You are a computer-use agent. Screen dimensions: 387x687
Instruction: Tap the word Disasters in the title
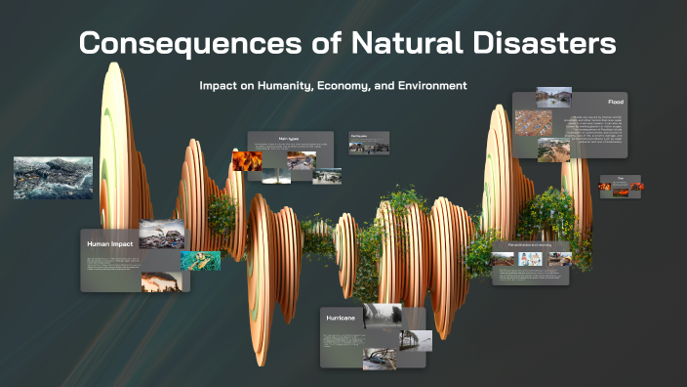click(547, 44)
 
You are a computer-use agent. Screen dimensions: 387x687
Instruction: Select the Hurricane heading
click(339, 318)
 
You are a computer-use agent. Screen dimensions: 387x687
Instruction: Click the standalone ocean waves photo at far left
click(53, 178)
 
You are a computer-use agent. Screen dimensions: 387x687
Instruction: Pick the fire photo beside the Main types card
click(246, 161)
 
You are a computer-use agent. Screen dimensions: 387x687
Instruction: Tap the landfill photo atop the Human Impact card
click(161, 234)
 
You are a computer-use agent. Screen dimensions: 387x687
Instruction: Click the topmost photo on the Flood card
click(553, 98)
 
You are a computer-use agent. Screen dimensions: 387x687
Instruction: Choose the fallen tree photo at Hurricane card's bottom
click(380, 358)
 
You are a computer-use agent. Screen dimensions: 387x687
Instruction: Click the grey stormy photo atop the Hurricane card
click(382, 315)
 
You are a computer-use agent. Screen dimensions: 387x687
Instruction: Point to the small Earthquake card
click(369, 143)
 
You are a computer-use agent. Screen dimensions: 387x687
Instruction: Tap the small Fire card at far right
click(620, 186)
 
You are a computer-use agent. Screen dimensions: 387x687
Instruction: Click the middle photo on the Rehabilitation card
click(531, 259)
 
